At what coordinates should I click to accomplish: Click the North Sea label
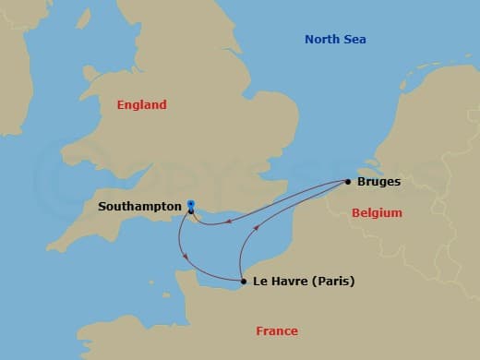tap(335, 39)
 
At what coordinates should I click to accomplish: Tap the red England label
tap(141, 105)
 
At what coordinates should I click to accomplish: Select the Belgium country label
tap(377, 213)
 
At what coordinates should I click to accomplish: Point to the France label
tap(278, 331)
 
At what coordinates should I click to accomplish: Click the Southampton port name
tap(138, 207)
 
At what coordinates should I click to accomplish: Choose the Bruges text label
tap(378, 182)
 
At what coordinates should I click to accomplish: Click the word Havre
tap(287, 282)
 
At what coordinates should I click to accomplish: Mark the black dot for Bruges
tap(349, 182)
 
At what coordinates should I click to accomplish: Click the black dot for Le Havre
tap(242, 282)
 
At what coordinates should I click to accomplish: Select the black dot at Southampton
tap(190, 211)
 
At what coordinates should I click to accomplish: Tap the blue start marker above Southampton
tap(190, 203)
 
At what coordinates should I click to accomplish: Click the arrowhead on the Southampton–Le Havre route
tap(187, 256)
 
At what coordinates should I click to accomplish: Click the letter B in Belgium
tap(355, 213)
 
